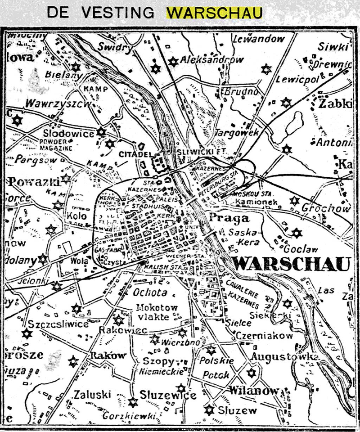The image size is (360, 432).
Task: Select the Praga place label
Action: point(229,218)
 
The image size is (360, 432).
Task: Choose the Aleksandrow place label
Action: point(211,60)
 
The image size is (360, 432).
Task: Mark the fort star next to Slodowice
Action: point(102,131)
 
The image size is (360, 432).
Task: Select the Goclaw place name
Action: point(301,249)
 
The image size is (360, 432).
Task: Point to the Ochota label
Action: point(144,292)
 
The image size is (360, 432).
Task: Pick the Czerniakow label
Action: point(264,335)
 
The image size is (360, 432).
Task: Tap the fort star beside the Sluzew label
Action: point(209,409)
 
